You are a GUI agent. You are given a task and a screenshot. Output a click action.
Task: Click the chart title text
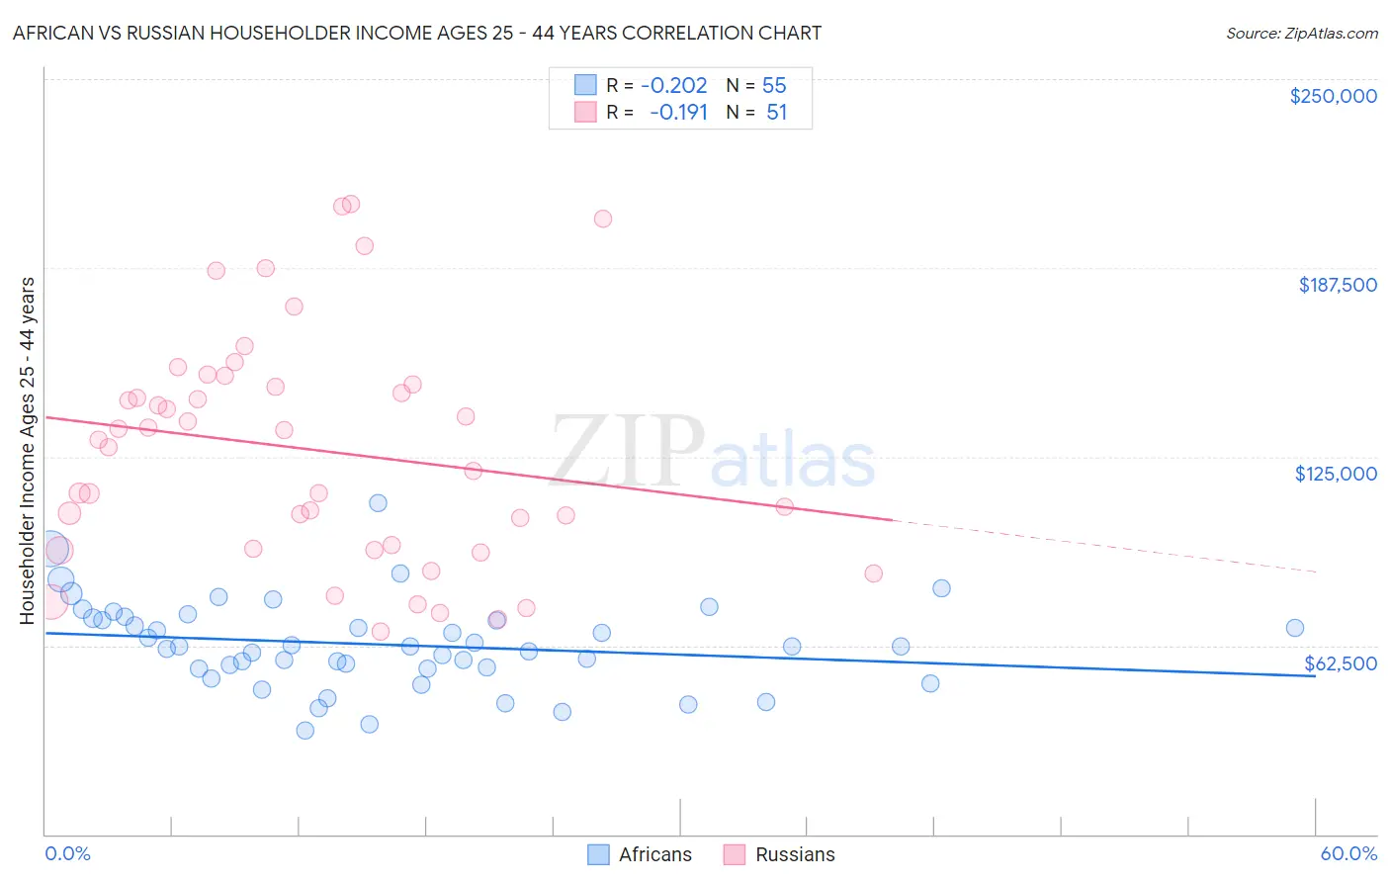(x=416, y=33)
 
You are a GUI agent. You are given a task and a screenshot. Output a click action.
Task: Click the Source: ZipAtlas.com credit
(x=1301, y=33)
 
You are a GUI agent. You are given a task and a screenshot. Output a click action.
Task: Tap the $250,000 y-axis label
(x=1333, y=96)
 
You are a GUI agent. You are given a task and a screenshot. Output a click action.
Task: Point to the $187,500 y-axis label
(x=1337, y=285)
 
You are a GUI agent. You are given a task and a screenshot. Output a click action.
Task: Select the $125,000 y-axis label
(x=1336, y=474)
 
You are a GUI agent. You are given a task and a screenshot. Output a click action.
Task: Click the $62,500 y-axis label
(x=1340, y=663)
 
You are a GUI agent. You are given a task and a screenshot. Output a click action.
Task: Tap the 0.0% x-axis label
(x=67, y=853)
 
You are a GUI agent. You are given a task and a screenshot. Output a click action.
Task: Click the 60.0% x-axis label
(x=1348, y=853)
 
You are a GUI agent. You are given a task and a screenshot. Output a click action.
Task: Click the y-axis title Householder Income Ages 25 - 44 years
(x=27, y=451)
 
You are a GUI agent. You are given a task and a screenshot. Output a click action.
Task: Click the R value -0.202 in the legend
(x=674, y=86)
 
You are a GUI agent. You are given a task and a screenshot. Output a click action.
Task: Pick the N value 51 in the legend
(x=776, y=113)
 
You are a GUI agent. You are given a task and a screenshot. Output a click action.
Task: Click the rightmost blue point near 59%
(x=1294, y=628)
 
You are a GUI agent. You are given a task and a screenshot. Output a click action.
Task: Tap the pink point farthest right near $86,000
(x=873, y=573)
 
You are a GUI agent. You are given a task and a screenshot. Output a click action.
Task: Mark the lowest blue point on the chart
(x=305, y=731)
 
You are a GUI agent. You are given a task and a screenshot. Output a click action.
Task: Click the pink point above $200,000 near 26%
(x=603, y=219)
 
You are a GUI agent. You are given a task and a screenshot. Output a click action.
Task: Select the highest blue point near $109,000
(x=378, y=503)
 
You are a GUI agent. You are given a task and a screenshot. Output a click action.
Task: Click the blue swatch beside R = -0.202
(x=585, y=86)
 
